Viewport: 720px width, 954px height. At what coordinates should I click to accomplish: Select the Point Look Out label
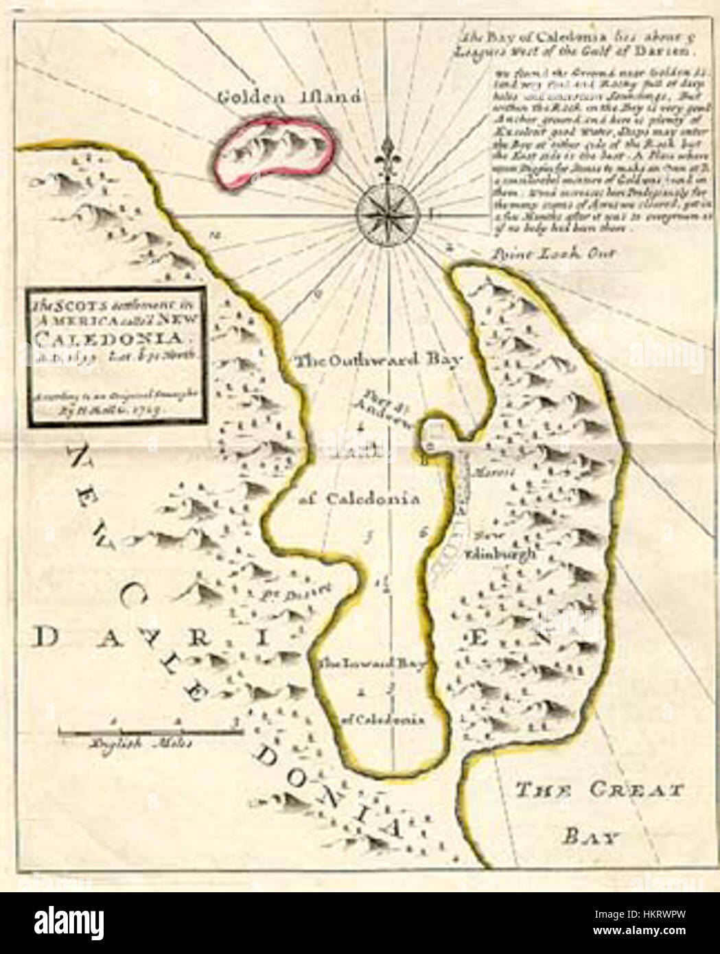click(555, 253)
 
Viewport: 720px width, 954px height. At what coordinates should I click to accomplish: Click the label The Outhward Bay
click(380, 359)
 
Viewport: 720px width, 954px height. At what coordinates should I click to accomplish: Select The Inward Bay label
click(371, 664)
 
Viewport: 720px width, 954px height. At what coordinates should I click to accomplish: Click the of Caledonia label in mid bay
click(360, 499)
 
